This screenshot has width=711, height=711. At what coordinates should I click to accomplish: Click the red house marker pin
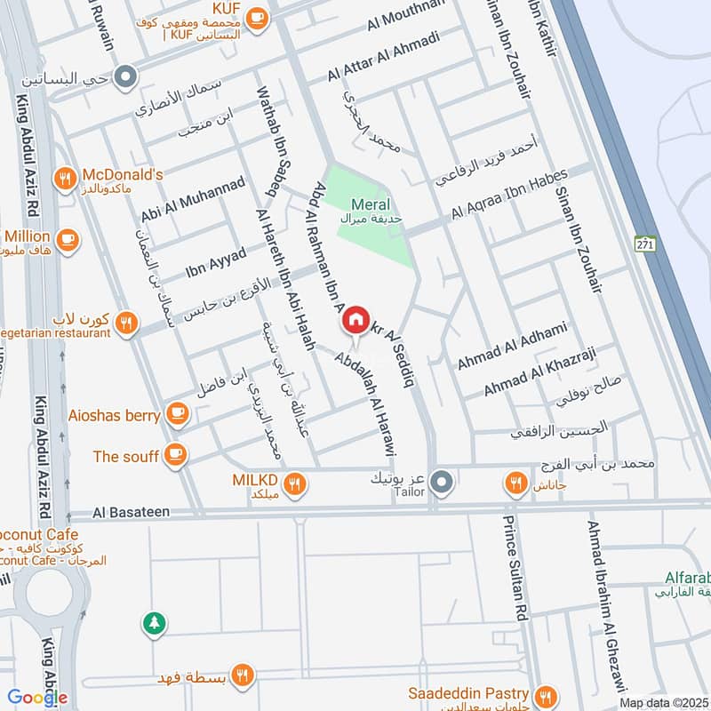[355, 320]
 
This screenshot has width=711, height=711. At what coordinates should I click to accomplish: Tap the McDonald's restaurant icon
[64, 179]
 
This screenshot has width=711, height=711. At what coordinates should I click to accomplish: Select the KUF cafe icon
[257, 17]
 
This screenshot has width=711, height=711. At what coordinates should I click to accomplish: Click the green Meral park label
[370, 205]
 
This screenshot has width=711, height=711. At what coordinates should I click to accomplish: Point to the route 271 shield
[646, 243]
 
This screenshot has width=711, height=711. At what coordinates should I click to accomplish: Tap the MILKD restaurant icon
[296, 483]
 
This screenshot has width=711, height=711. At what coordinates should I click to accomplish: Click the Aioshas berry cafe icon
[178, 413]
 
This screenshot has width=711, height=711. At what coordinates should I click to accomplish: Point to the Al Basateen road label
[132, 514]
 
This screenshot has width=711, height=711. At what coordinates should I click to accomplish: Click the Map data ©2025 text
[662, 702]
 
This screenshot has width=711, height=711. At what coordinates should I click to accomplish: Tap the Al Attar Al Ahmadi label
[383, 54]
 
